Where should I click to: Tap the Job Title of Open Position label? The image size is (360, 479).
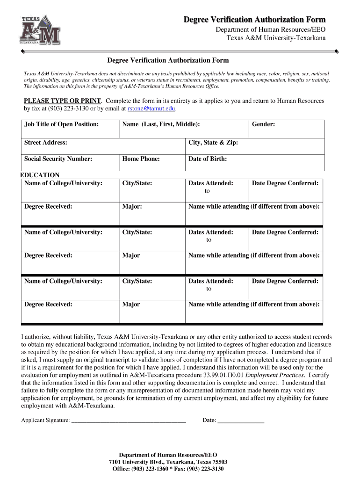pyautogui.click(x=61, y=124)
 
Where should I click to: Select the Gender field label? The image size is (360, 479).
pyautogui.click(x=263, y=124)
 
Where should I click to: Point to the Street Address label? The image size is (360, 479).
pyautogui.click(x=45, y=142)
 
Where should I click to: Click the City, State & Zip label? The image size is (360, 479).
pyautogui.click(x=213, y=142)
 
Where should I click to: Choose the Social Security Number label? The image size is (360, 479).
pyautogui.click(x=58, y=159)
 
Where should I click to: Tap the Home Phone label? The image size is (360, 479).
pyautogui.click(x=141, y=159)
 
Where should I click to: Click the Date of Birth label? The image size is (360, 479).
pyautogui.click(x=208, y=159)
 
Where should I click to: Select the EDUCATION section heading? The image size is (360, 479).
pyautogui.click(x=40, y=175)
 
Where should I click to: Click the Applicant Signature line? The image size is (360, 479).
pyautogui.click(x=128, y=421)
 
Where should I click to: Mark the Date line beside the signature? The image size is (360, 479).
pyautogui.click(x=241, y=421)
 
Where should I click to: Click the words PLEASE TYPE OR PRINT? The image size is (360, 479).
pyautogui.click(x=62, y=101)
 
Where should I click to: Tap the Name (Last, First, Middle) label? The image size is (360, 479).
pyautogui.click(x=161, y=124)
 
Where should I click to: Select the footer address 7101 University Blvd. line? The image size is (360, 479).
pyautogui.click(x=168, y=462)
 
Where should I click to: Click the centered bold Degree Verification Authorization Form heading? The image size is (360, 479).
pyautogui.click(x=168, y=60)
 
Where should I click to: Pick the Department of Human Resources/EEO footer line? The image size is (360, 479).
pyautogui.click(x=168, y=455)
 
